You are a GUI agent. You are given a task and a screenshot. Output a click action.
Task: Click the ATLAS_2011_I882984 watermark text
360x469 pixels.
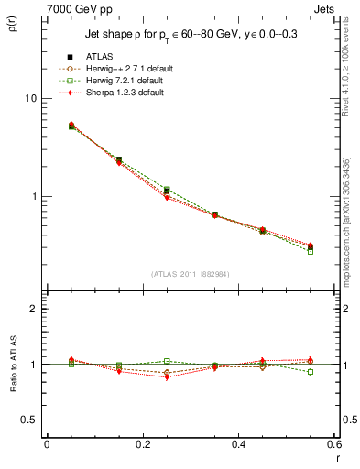coord(190,274)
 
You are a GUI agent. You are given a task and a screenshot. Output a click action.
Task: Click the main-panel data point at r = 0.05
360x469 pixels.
coord(71,125)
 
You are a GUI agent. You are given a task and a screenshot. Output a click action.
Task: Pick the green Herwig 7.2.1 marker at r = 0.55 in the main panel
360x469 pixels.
coord(311,251)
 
